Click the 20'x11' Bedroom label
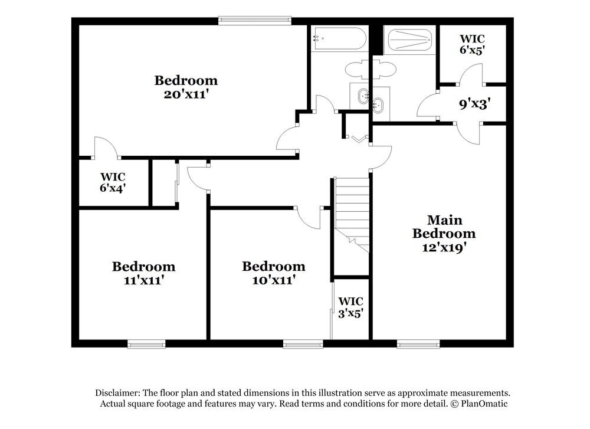click(186, 87)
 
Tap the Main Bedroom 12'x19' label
click(444, 234)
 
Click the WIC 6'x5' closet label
click(472, 45)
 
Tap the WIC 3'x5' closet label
click(350, 307)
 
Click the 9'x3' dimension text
click(475, 104)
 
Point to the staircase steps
click(352, 207)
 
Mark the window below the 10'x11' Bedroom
click(303, 343)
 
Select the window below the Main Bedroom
click(418, 343)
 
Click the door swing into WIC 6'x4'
click(106, 147)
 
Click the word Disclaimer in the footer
click(117, 393)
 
